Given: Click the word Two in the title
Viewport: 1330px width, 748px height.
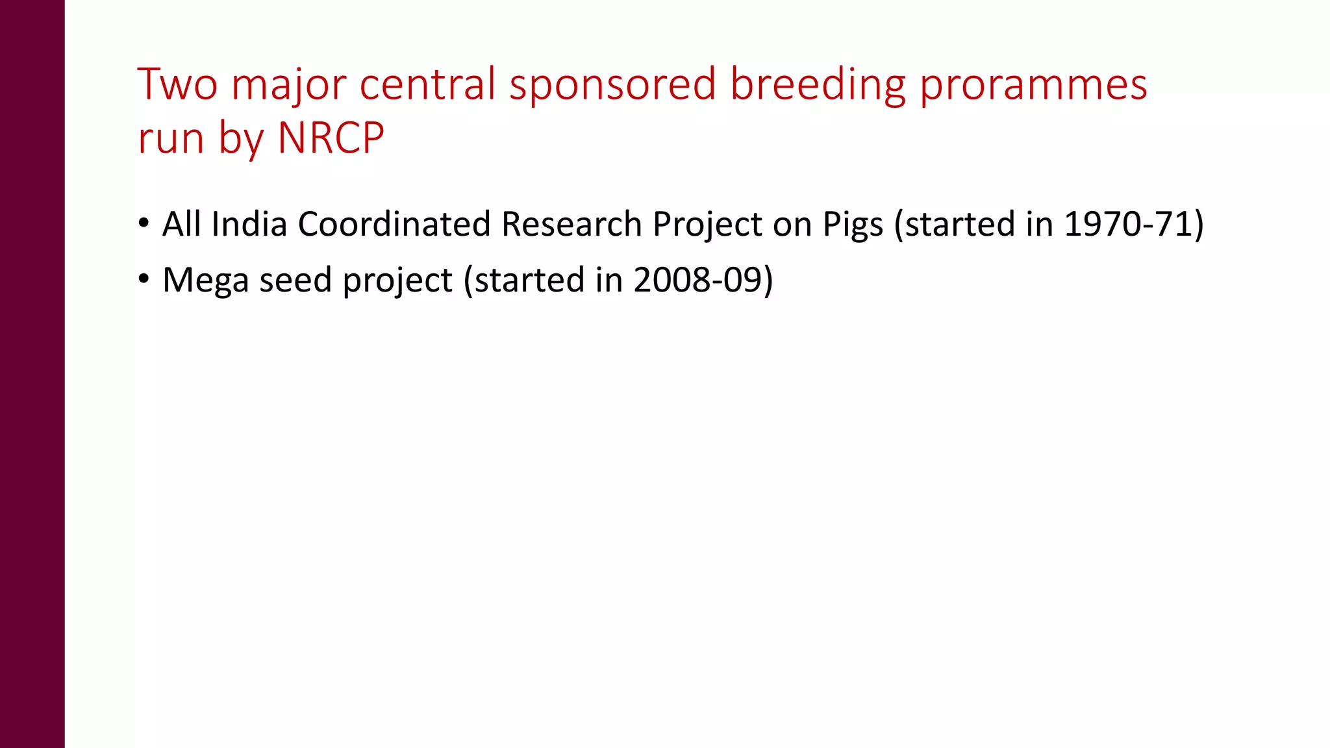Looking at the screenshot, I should (x=177, y=84).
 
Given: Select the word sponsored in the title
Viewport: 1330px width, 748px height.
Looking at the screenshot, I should (x=612, y=86).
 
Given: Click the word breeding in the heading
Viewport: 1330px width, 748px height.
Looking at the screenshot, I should (x=818, y=86).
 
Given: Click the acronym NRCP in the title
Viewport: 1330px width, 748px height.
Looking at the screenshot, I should (x=331, y=138).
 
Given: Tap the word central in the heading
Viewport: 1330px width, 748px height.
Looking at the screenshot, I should (x=427, y=84).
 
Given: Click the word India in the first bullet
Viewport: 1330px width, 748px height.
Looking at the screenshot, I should (x=249, y=224).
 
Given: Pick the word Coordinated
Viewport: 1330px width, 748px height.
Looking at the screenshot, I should (x=394, y=224).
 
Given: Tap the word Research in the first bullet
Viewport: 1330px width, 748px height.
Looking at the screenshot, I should (x=571, y=224).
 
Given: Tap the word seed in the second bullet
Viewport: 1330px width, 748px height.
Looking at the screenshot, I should (x=295, y=280).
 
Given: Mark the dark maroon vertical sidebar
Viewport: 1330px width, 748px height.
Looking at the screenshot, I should (x=32, y=374).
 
